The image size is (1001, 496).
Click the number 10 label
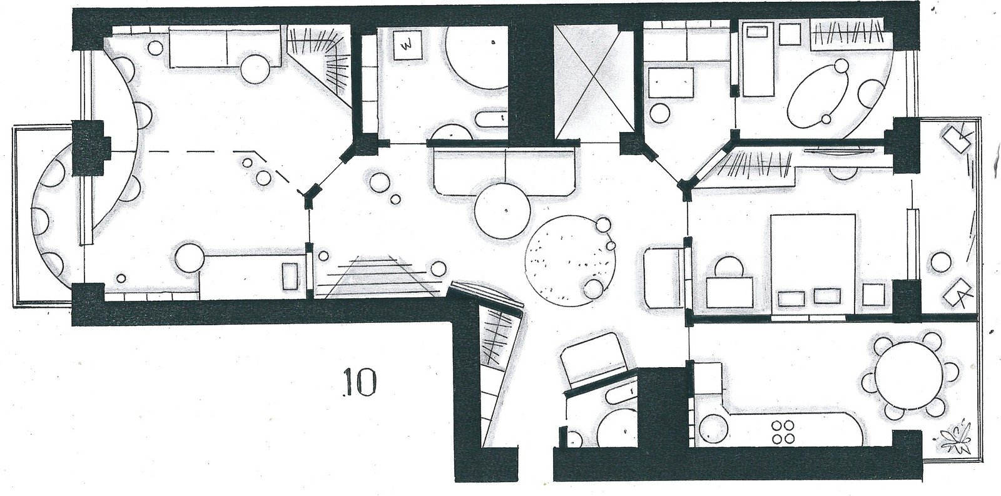pos(359,383)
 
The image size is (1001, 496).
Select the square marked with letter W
pos(408,44)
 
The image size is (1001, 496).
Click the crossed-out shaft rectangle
pos(594,82)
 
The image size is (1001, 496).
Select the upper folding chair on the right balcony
pos(957,141)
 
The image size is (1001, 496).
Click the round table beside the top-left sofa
pos(255,69)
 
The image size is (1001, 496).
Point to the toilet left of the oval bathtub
pos(660,112)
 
